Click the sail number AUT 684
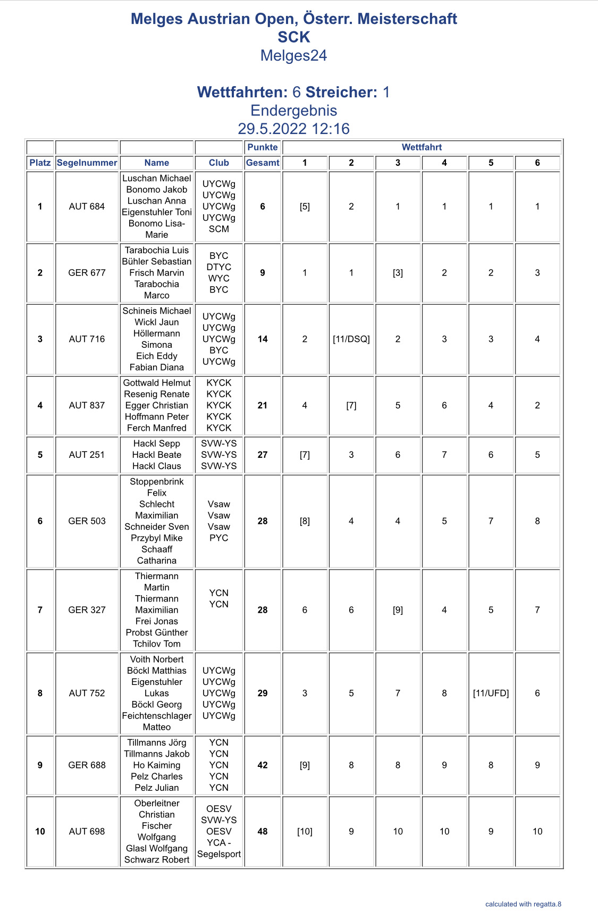[x=87, y=206]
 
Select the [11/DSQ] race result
[x=351, y=339]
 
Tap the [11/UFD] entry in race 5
[x=491, y=693]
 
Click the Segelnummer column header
[x=87, y=163]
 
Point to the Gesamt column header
[x=263, y=163]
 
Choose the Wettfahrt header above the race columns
[x=422, y=147]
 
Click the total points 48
[x=263, y=831]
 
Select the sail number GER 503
[x=87, y=521]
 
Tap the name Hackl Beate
[x=157, y=455]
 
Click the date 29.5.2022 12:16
[x=293, y=129]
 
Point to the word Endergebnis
[x=293, y=111]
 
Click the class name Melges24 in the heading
[x=293, y=56]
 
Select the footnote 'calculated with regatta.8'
[x=523, y=904]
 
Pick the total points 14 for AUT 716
[x=263, y=339]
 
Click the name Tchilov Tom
[x=157, y=643]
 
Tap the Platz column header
[x=40, y=163]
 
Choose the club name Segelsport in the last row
[x=219, y=854]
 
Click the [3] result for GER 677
[x=398, y=273]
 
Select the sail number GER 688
[x=87, y=765]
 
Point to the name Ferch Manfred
[x=157, y=428]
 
